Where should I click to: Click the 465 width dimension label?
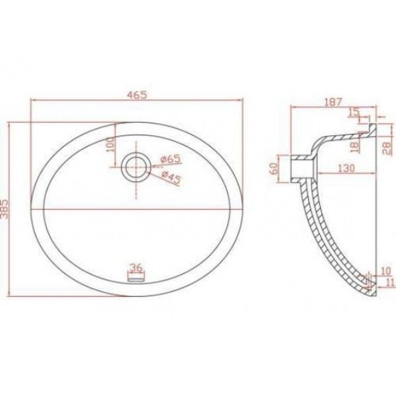[137, 95]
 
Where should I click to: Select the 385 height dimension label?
[5, 209]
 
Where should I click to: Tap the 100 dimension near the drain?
[111, 144]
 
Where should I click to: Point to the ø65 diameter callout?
[171, 159]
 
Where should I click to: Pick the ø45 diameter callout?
[171, 177]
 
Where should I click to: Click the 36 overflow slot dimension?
[137, 267]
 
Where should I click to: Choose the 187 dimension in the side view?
[333, 102]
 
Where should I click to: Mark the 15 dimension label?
[354, 112]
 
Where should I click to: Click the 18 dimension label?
[355, 147]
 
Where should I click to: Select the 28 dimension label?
[387, 148]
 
